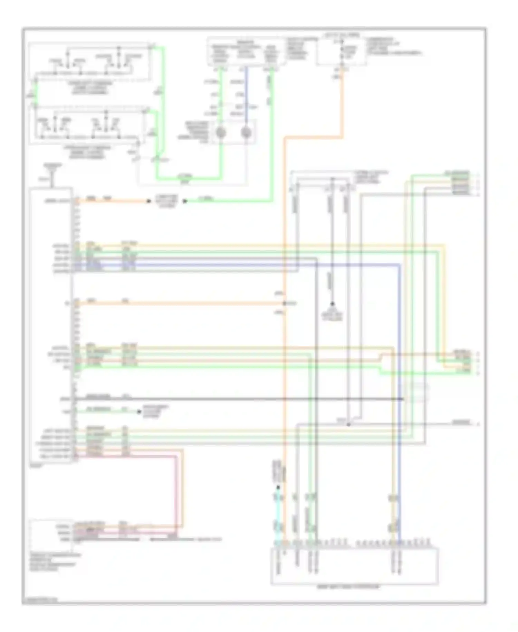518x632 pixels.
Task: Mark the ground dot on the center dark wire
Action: click(332, 304)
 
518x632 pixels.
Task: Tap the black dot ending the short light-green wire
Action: click(139, 411)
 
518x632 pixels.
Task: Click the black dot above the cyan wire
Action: click(278, 487)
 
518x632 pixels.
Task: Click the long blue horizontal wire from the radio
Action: click(242, 264)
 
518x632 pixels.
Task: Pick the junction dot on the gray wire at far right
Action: click(348, 424)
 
